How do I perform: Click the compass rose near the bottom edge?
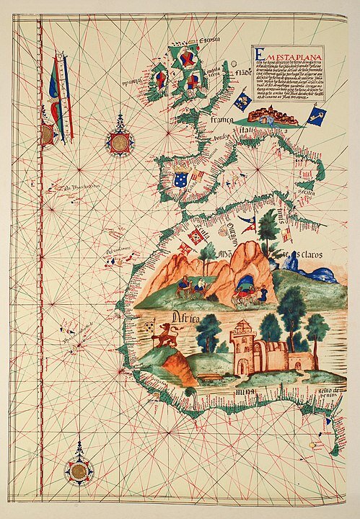[79, 470]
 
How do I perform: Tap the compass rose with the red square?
[119, 143]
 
